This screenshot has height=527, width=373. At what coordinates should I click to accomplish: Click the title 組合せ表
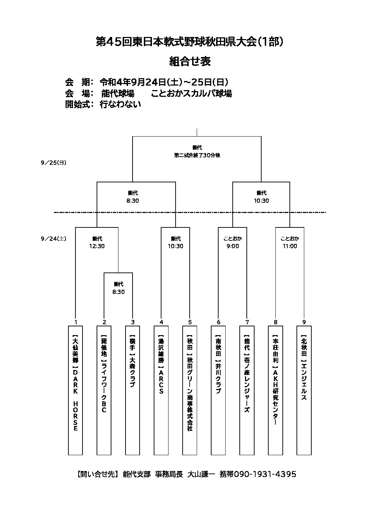(190, 62)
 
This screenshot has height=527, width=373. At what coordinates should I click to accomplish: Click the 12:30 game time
(97, 246)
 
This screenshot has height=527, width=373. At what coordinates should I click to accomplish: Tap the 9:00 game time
(233, 246)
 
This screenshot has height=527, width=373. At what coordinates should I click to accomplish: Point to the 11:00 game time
(290, 246)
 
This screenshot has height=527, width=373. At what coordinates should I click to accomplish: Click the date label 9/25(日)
(54, 163)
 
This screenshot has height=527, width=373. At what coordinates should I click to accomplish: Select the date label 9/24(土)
(54, 239)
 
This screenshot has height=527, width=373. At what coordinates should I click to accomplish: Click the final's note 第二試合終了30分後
(197, 155)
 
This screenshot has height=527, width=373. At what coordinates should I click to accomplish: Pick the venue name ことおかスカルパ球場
(191, 93)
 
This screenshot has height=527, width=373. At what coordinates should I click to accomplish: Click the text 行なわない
(120, 104)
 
